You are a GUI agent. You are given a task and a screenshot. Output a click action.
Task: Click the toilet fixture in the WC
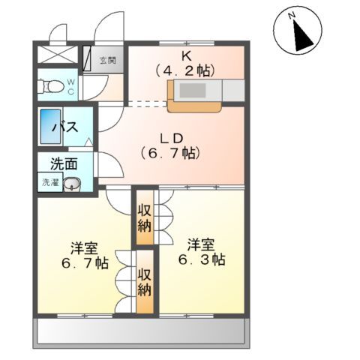click(x=52, y=87)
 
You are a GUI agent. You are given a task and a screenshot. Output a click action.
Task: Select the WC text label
click(x=70, y=87)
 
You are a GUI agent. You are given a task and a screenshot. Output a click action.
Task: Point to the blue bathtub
click(x=49, y=127)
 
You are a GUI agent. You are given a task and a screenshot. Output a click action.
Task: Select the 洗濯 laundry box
click(x=49, y=182)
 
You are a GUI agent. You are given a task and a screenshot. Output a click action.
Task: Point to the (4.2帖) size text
click(x=184, y=70)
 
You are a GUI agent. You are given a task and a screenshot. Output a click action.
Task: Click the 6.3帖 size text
click(x=202, y=259)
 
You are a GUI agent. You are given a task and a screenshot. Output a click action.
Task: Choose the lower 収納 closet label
click(x=145, y=281)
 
